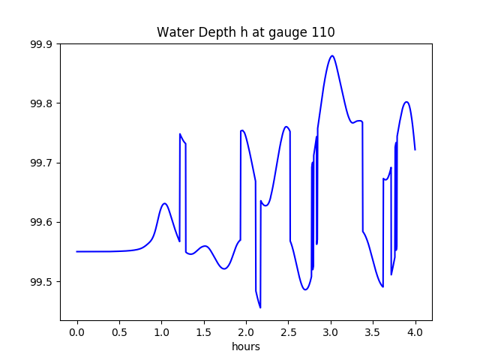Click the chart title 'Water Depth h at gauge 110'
point(245,32)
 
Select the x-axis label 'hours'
point(246,347)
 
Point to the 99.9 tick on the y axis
point(40,44)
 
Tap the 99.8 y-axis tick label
point(40,103)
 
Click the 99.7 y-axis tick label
point(40,163)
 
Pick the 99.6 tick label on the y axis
point(40,223)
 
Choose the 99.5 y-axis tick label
point(40,282)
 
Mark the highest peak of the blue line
point(332,55)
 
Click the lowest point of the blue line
point(260,307)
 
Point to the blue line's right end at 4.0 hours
point(415,149)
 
